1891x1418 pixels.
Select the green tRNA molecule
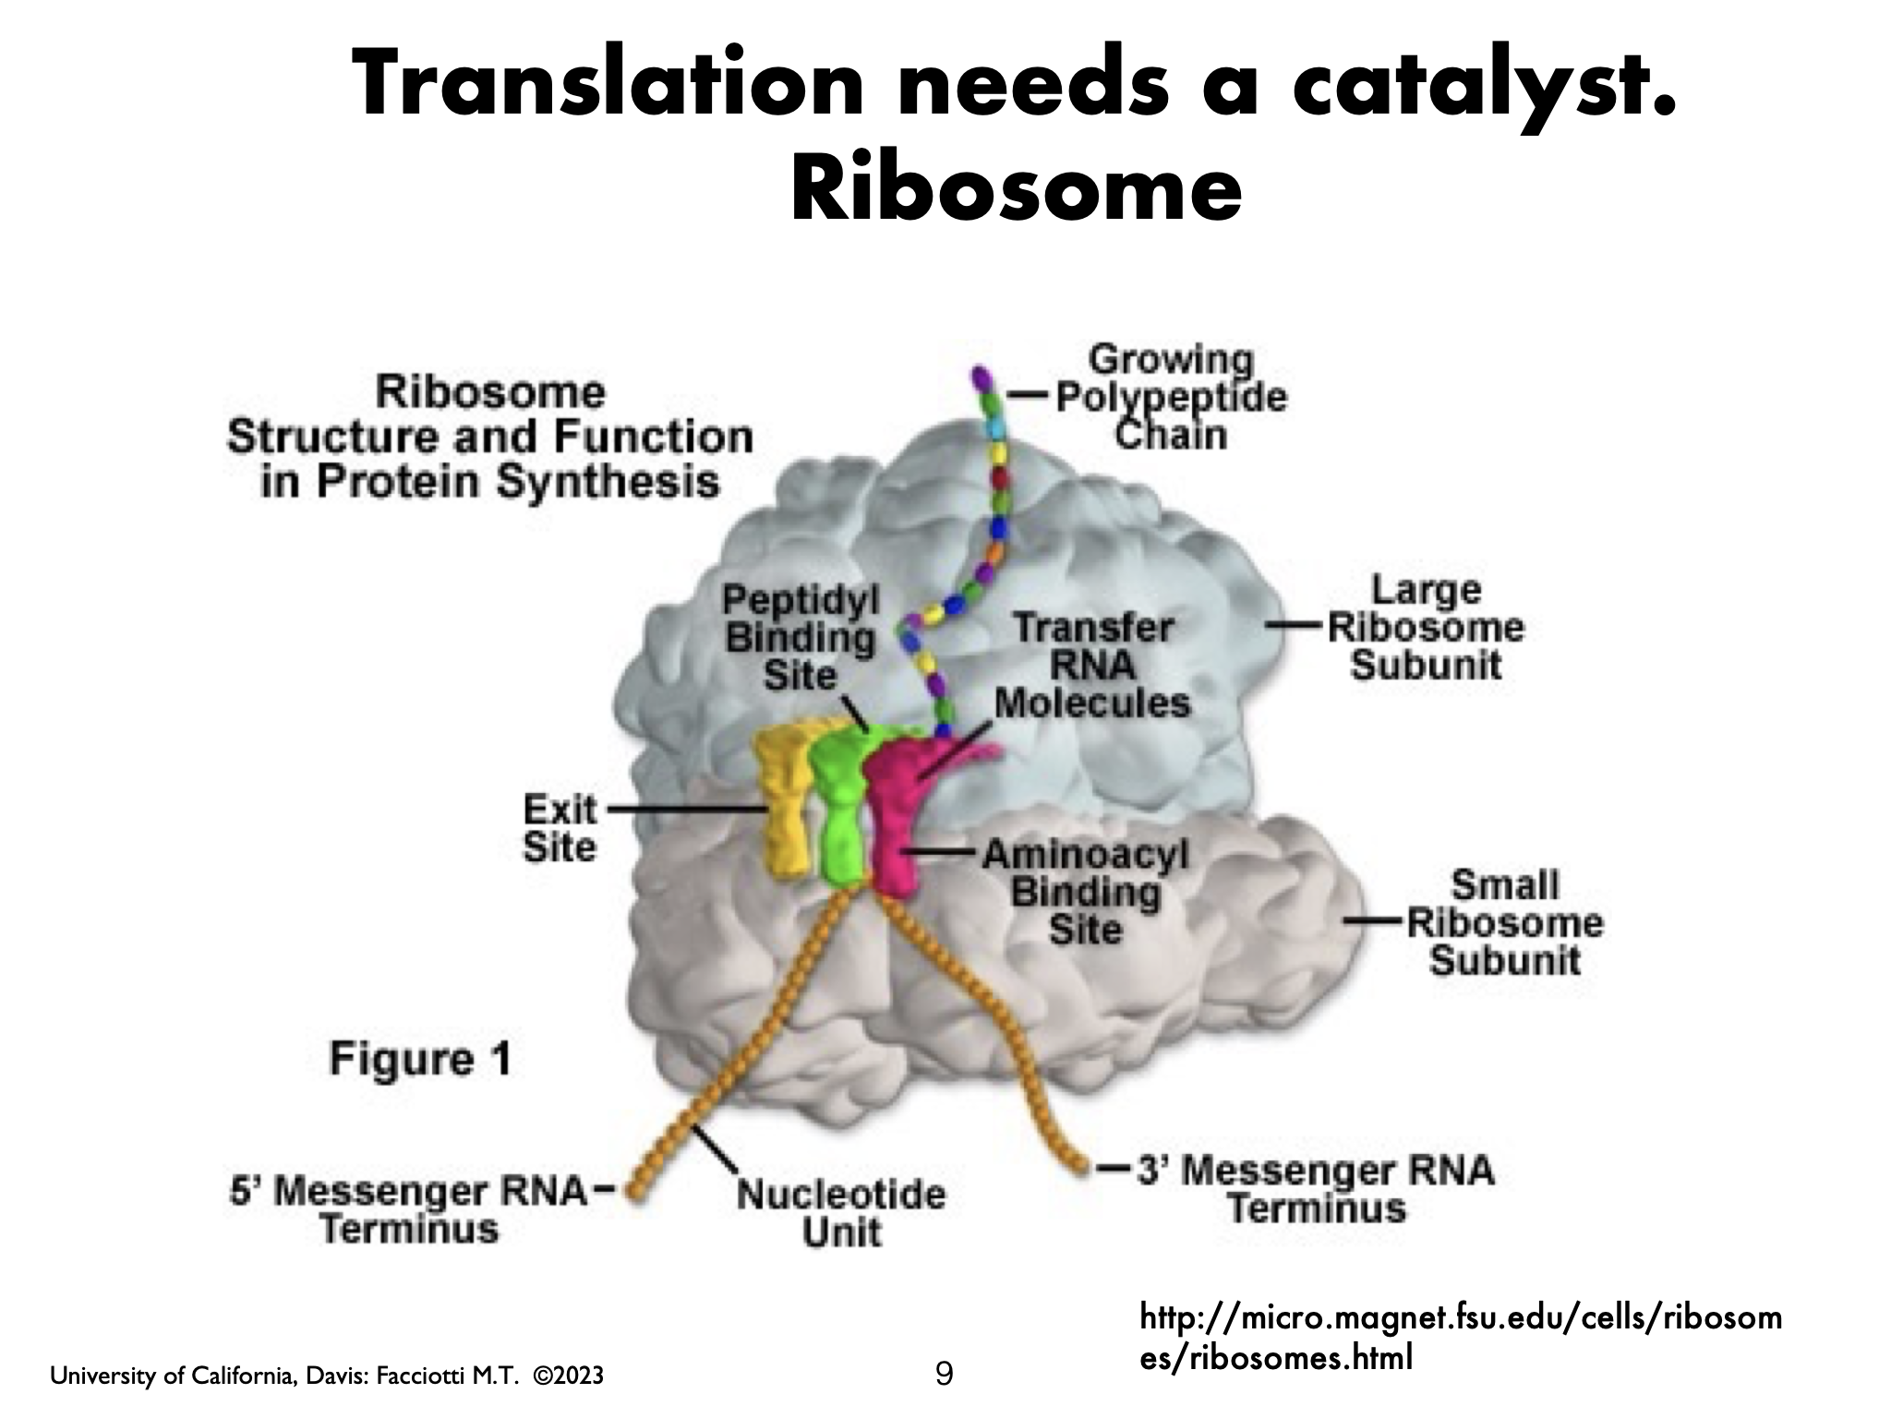[x=838, y=812]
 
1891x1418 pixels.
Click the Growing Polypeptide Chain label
[x=1170, y=397]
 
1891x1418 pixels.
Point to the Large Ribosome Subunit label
[x=1425, y=628]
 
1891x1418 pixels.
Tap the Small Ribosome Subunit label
[x=1504, y=922]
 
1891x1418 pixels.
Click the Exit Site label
[x=560, y=828]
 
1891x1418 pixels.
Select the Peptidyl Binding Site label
[x=800, y=637]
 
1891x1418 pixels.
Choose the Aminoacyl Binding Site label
[x=1084, y=892]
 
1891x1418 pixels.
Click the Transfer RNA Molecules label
[x=1093, y=666]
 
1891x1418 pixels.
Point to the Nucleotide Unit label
[x=841, y=1213]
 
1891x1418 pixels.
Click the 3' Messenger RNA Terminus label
[x=1316, y=1189]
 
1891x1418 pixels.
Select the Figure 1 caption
[x=419, y=1058]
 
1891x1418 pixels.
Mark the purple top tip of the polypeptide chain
[x=980, y=379]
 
